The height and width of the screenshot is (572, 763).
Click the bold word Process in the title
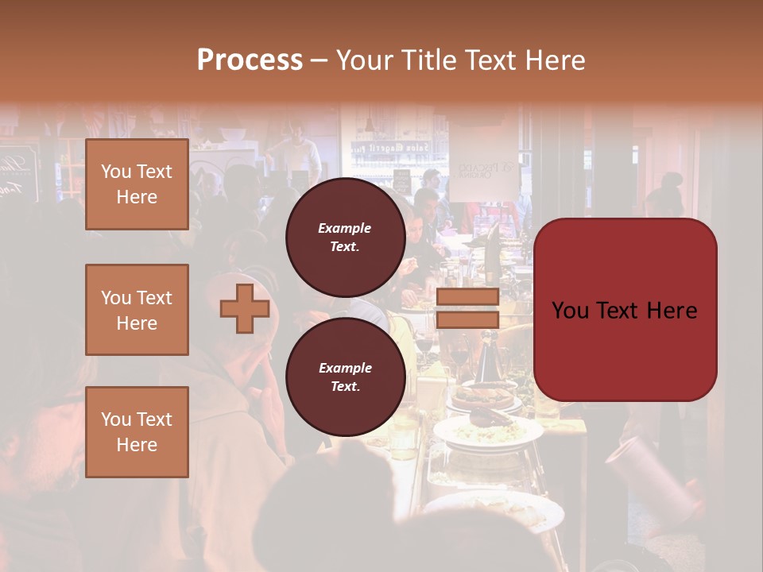click(250, 60)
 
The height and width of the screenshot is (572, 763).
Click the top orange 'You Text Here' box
click(137, 184)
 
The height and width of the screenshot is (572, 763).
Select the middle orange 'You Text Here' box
click(137, 310)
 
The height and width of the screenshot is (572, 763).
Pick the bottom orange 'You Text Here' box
click(137, 432)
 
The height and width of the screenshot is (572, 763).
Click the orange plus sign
click(245, 309)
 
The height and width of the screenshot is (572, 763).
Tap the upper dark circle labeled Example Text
click(345, 237)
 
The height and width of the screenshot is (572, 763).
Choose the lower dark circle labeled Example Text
click(345, 377)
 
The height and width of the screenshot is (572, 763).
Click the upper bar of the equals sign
click(467, 297)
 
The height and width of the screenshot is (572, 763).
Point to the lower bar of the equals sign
click(467, 319)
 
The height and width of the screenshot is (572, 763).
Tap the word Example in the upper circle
click(345, 228)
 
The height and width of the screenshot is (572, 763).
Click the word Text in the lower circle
click(345, 386)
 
